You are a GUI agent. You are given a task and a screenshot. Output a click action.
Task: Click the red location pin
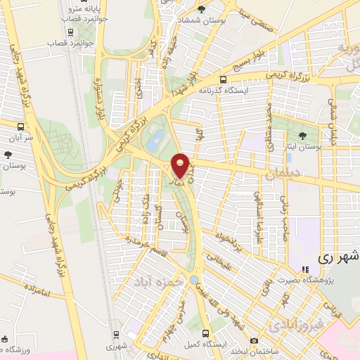tap(181, 166)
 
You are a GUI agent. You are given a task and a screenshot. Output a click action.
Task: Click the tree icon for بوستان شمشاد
tap(202, 9)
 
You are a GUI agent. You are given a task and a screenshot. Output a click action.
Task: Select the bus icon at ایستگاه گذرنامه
tap(224, 79)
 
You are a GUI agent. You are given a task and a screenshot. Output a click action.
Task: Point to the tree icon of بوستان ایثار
tap(303, 134)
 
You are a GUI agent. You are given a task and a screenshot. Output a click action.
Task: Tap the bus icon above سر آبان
tap(20, 126)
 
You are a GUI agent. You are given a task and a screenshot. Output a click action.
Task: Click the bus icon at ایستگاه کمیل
tap(204, 333)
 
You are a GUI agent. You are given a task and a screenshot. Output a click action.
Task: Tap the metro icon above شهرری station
tap(115, 335)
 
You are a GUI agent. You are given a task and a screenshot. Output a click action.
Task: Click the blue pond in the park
tap(158, 136)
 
